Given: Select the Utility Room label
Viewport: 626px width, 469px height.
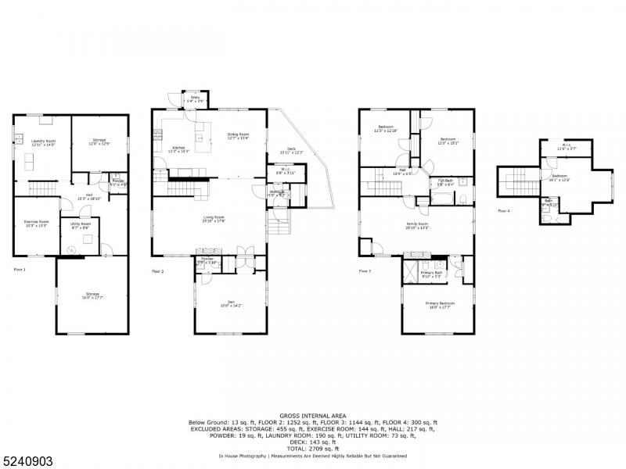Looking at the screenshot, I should point(81,225).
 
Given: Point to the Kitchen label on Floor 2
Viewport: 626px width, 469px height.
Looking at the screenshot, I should point(179,149).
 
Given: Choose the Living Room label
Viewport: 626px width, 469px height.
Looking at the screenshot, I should point(214,219).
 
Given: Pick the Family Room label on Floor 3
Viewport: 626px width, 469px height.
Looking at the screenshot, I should point(416,225).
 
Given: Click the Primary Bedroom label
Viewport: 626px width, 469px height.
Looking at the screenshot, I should point(440,305).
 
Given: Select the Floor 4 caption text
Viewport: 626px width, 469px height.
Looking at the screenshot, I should point(503,211).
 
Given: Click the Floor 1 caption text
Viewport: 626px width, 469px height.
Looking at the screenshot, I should point(20,270).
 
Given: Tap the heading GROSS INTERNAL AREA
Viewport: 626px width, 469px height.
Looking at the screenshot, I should point(312,416).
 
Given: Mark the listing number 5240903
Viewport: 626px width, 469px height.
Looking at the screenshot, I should point(27,461).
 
